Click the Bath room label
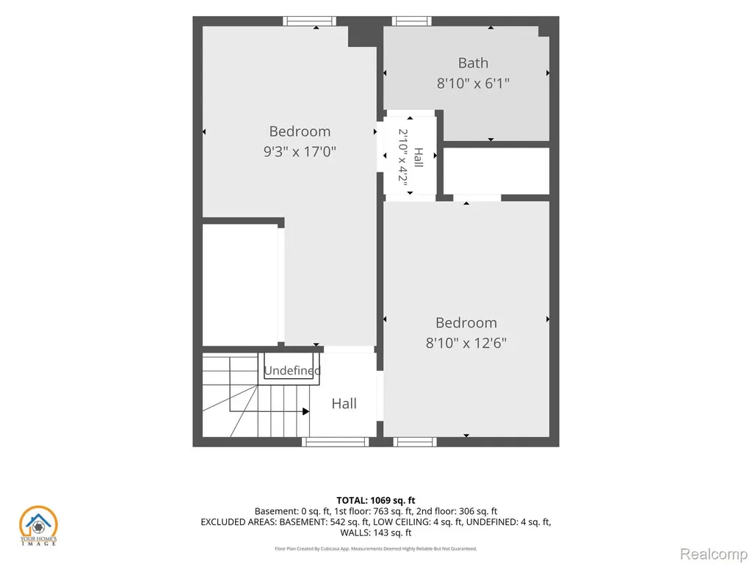(x=473, y=63)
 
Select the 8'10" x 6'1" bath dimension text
(x=473, y=84)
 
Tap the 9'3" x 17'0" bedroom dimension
(x=300, y=151)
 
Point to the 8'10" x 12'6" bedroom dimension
(x=466, y=343)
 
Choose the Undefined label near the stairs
(x=292, y=370)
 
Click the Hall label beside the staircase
(x=344, y=404)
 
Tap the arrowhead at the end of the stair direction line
(x=306, y=411)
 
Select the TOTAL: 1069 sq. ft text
(x=375, y=501)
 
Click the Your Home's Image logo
(x=38, y=526)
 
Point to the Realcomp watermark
(x=714, y=554)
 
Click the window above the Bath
(x=411, y=21)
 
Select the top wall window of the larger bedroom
(x=309, y=21)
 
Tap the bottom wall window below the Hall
(x=336, y=441)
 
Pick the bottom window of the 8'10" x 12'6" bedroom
(x=415, y=441)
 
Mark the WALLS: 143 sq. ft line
(x=375, y=532)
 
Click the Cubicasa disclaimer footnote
(x=375, y=549)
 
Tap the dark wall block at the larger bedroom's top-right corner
(x=361, y=36)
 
